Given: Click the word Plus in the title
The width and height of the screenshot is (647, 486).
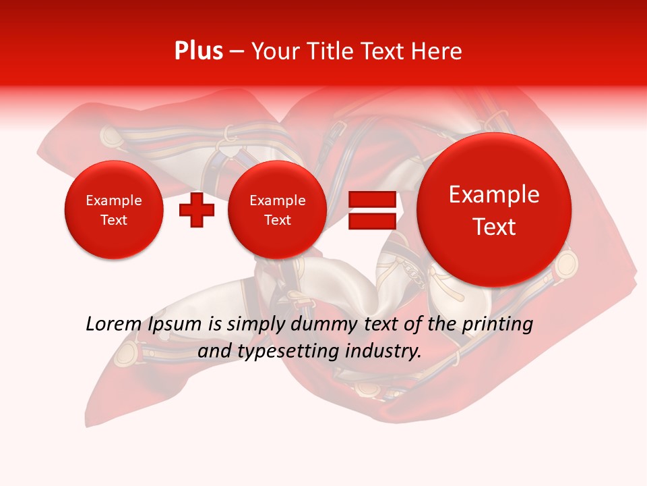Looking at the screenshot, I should [x=198, y=51].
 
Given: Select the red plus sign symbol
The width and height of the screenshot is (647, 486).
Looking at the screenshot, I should [x=197, y=209].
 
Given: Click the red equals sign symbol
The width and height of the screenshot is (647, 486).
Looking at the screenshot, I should [x=372, y=210].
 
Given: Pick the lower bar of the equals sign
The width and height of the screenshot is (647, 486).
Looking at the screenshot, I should [x=372, y=221].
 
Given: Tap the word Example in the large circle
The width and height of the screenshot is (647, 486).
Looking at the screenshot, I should [x=494, y=194].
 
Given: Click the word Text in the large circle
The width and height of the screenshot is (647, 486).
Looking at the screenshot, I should [x=494, y=227].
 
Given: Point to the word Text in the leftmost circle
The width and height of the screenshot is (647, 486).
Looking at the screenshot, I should [x=113, y=220].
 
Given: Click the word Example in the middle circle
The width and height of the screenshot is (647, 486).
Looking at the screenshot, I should [x=277, y=200].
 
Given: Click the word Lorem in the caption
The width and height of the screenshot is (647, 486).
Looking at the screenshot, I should [x=113, y=325].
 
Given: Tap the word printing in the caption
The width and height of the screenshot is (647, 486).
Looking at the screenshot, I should [x=497, y=325].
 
